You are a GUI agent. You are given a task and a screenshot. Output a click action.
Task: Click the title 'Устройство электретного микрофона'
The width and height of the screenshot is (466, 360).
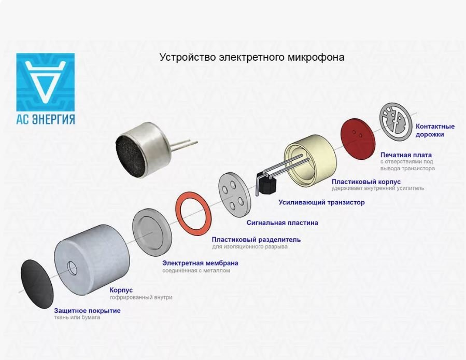(252, 57)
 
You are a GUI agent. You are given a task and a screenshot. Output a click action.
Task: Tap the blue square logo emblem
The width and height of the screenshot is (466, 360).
(46, 82)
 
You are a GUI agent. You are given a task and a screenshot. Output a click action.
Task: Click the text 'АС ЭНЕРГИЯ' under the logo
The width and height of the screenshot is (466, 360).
(46, 119)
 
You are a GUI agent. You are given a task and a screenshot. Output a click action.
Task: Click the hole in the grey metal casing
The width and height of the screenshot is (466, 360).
(72, 268)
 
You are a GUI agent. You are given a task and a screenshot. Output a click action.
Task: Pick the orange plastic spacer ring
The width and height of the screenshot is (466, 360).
(193, 212)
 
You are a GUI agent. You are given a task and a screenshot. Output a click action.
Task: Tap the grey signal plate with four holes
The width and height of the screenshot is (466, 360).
(234, 195)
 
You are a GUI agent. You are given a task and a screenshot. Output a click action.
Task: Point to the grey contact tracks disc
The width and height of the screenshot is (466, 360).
(396, 120)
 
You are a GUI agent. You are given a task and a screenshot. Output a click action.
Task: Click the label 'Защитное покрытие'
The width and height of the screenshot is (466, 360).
(87, 311)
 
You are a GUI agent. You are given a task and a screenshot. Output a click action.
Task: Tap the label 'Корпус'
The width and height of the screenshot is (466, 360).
(121, 290)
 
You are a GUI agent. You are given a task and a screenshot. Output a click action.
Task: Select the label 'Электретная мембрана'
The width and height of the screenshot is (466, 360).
(200, 263)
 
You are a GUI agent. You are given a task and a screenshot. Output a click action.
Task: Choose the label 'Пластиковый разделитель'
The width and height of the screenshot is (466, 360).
(256, 240)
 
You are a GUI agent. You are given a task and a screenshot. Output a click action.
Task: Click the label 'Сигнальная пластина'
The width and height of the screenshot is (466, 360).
(282, 223)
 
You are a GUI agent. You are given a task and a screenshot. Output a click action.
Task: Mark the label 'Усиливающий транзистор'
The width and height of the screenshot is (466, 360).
(321, 202)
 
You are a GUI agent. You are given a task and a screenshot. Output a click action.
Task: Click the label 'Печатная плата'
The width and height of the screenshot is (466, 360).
(406, 155)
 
